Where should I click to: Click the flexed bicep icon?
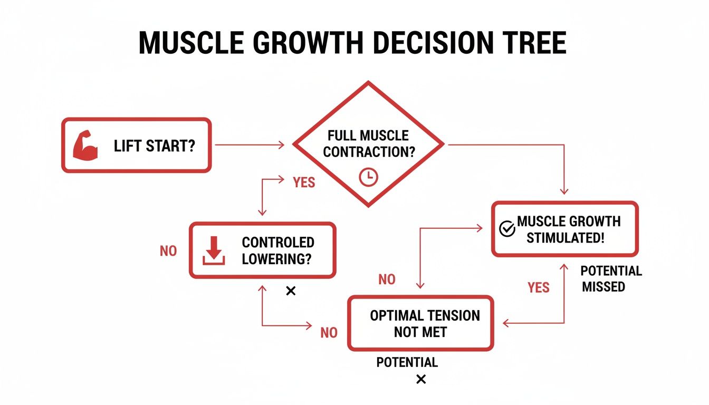pyautogui.click(x=85, y=146)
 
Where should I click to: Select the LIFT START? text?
pyautogui.click(x=154, y=146)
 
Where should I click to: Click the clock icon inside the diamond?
pyautogui.click(x=368, y=177)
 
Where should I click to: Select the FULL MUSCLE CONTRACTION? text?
pyautogui.click(x=369, y=143)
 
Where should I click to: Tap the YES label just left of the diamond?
pyautogui.click(x=303, y=182)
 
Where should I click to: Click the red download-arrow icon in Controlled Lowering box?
pyautogui.click(x=214, y=250)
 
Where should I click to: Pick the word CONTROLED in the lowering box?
pyautogui.click(x=278, y=243)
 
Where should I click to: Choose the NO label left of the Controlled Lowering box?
pyautogui.click(x=168, y=251)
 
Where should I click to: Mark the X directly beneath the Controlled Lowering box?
pyautogui.click(x=290, y=291)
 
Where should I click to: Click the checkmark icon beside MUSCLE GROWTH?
pyautogui.click(x=506, y=229)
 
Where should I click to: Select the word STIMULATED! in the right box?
pyautogui.click(x=565, y=238)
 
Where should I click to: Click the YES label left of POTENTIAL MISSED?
pyautogui.click(x=539, y=287)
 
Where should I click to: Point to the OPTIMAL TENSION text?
pyautogui.click(x=425, y=316)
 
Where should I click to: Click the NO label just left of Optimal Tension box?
pyautogui.click(x=329, y=333)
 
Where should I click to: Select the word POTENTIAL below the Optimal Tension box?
pyautogui.click(x=407, y=363)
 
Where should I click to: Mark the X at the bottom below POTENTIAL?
pyautogui.click(x=421, y=379)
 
